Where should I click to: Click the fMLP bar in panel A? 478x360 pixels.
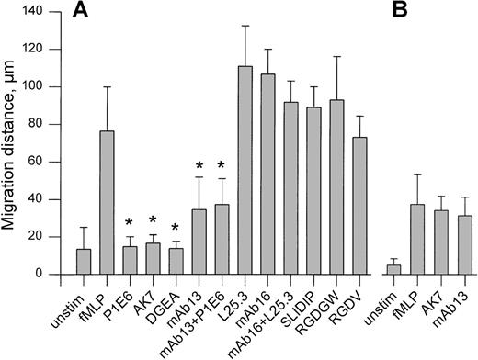click(x=108, y=202)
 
